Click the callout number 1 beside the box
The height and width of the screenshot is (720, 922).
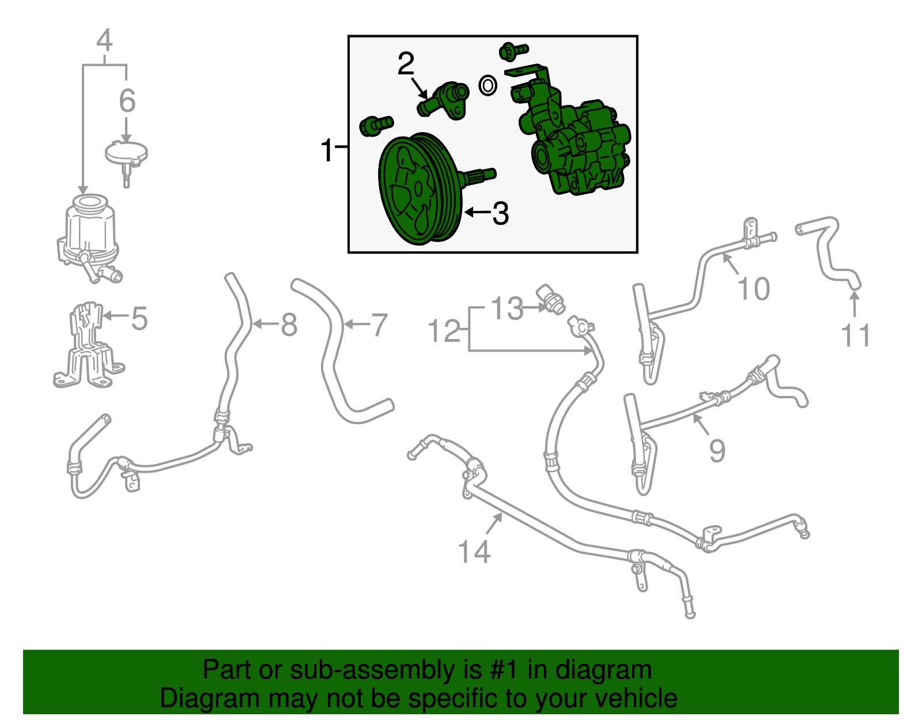(327, 150)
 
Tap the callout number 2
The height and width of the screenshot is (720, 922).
(406, 63)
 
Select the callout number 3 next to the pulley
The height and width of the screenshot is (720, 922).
(500, 213)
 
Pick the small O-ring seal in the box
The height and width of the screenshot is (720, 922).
(488, 86)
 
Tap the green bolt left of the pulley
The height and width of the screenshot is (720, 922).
(376, 126)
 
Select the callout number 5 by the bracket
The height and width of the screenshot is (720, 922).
(139, 318)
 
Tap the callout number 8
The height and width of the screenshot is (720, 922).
(289, 325)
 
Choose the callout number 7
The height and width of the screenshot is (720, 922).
(379, 325)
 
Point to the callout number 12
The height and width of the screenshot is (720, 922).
(444, 331)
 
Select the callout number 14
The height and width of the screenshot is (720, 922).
(474, 551)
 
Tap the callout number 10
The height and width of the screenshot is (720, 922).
(754, 289)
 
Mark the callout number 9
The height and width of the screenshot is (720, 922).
(717, 450)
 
